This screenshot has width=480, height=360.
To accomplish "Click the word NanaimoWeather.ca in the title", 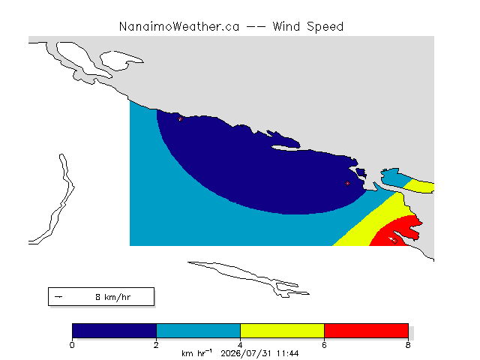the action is click(x=179, y=27).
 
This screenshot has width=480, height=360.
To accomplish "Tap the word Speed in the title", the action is click(x=325, y=27).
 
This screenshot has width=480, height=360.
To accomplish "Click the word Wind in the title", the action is click(x=286, y=27).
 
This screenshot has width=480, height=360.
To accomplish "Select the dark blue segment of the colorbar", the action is click(x=115, y=331).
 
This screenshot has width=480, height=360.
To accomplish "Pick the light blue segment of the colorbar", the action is click(x=198, y=331).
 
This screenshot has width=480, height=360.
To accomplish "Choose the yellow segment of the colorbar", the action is click(x=282, y=331).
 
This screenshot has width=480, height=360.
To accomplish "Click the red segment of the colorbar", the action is click(x=366, y=331).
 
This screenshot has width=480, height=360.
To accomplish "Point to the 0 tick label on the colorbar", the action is click(x=72, y=345).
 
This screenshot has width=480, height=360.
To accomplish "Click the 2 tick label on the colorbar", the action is click(x=157, y=345).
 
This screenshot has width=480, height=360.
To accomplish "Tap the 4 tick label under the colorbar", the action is click(x=240, y=345).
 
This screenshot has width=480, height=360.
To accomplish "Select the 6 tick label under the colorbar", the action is click(x=324, y=345).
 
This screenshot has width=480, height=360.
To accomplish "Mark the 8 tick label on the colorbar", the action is click(x=408, y=345).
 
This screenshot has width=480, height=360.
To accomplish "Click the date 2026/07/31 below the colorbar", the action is click(x=247, y=354).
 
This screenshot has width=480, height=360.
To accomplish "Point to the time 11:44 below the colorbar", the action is click(x=287, y=353).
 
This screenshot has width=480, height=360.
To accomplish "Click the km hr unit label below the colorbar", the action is click(x=196, y=353).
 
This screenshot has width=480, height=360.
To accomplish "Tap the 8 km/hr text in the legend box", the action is click(x=113, y=297).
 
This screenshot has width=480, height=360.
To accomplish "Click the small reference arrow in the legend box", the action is click(x=58, y=297).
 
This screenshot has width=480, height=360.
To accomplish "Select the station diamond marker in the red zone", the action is click(x=395, y=241).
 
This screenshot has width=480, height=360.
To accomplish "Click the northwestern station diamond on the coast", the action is click(x=180, y=119).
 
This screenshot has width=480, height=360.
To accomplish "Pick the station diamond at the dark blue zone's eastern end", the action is click(x=347, y=183).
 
